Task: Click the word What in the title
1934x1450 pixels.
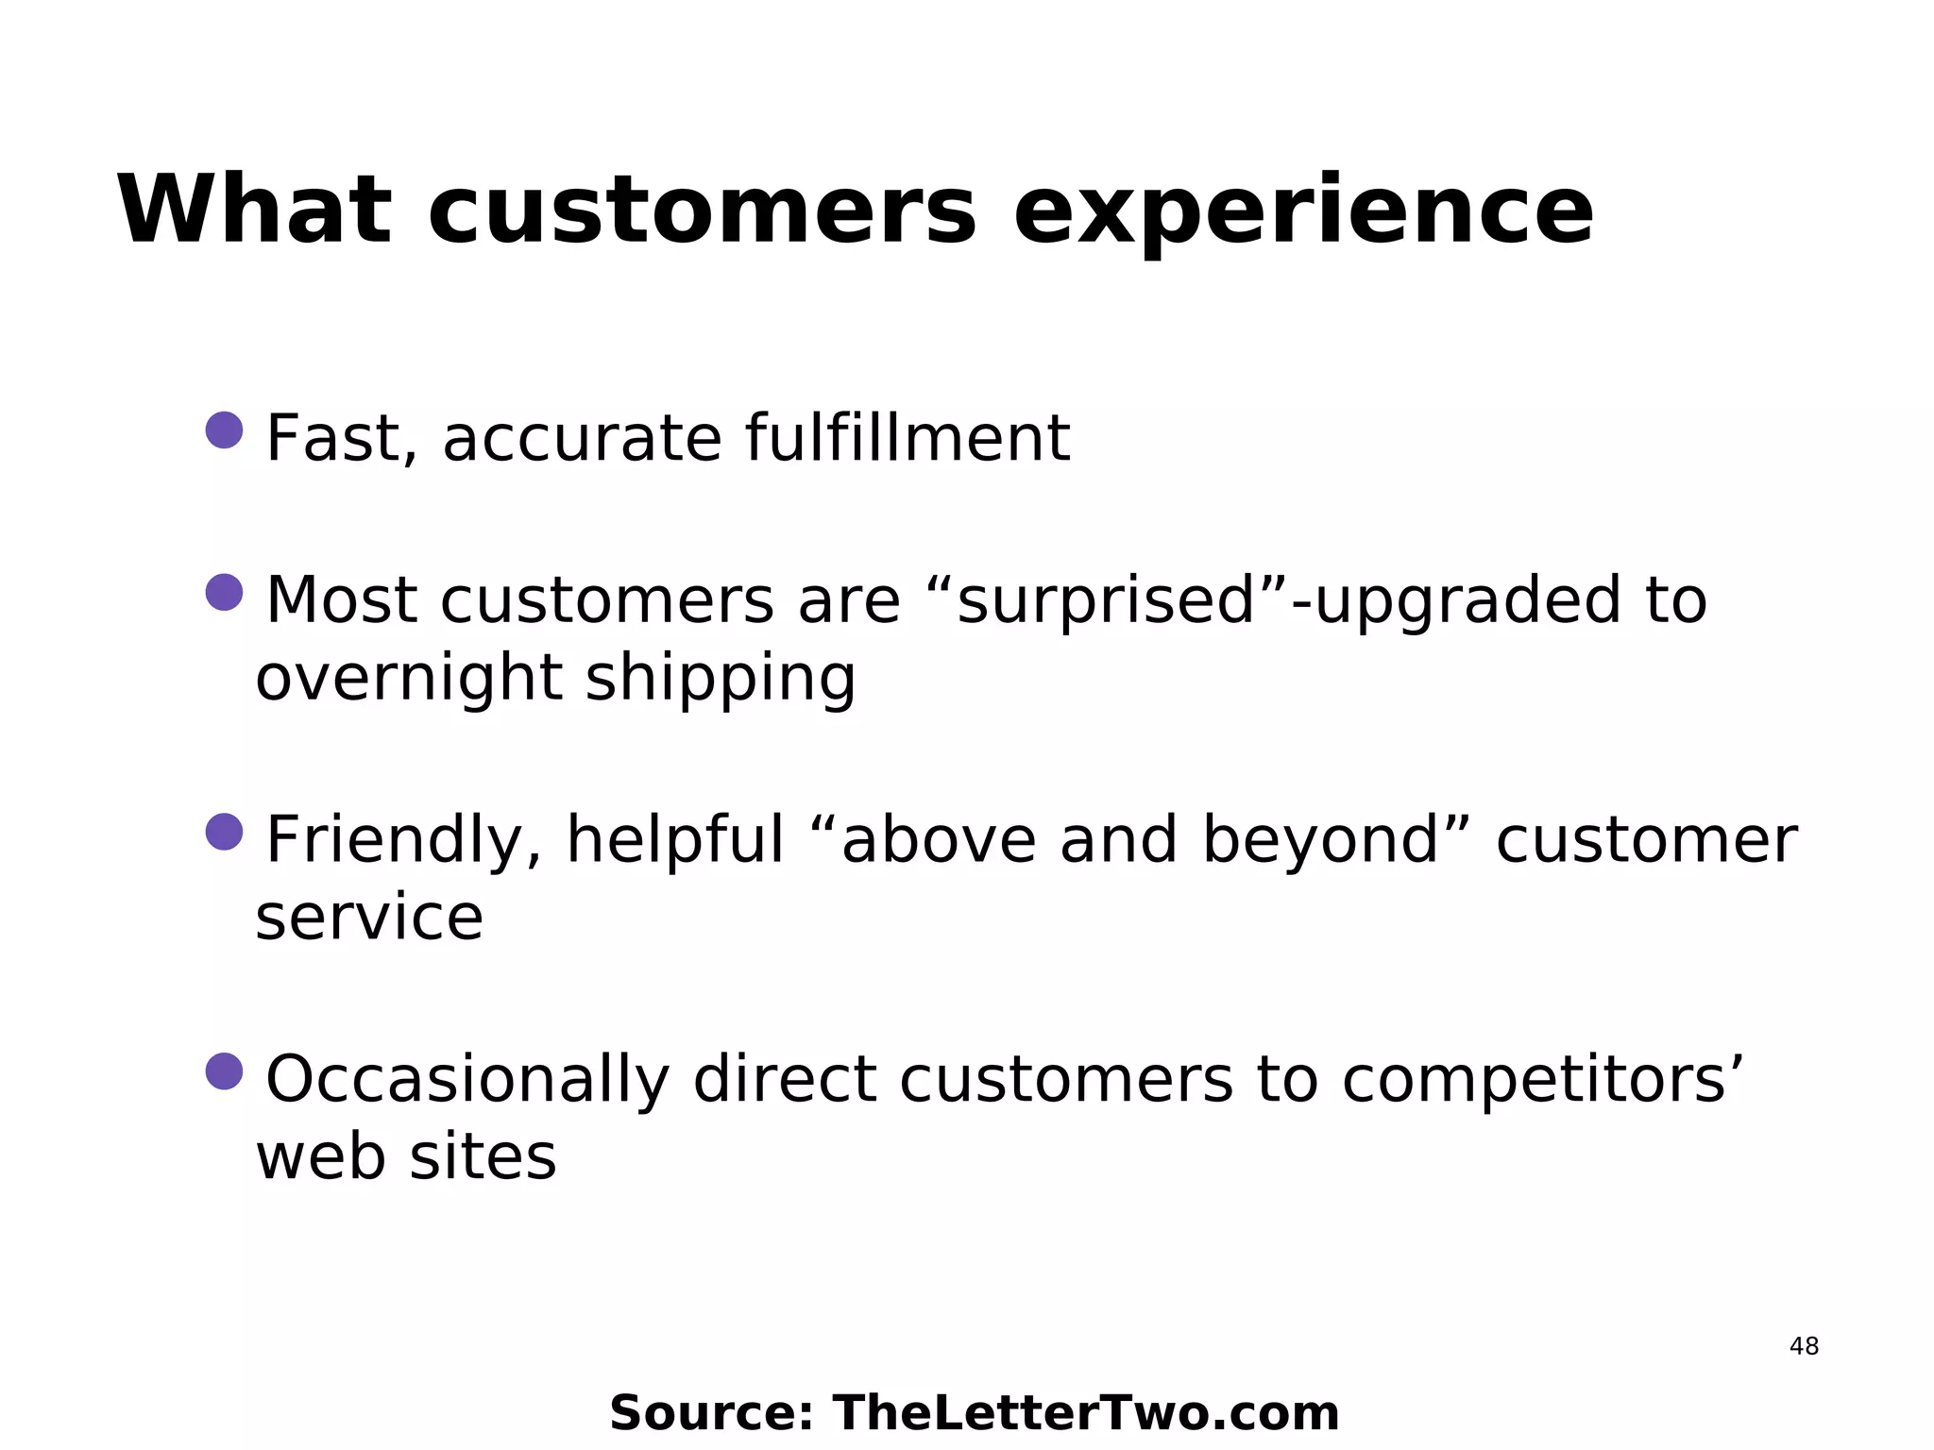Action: click(x=253, y=211)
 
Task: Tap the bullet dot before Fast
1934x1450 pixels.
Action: click(x=225, y=430)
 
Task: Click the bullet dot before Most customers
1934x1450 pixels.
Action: click(x=225, y=593)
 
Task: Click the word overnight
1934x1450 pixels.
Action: click(x=409, y=679)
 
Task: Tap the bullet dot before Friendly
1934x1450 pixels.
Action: click(x=225, y=832)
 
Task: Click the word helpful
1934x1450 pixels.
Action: click(x=674, y=840)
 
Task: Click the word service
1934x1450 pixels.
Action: click(x=369, y=919)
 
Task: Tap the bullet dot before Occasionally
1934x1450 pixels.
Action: click(x=225, y=1071)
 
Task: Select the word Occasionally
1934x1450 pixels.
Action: click(x=467, y=1081)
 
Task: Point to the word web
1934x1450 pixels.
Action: click(x=320, y=1157)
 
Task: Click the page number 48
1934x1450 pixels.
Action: click(x=1804, y=1347)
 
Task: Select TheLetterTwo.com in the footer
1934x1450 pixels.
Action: click(x=1085, y=1414)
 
